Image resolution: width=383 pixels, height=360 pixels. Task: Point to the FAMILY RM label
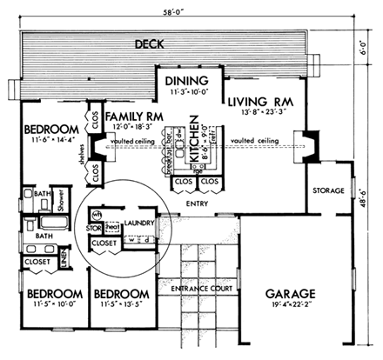[137, 116]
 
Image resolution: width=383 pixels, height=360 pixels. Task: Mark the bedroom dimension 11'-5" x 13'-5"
[122, 307]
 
